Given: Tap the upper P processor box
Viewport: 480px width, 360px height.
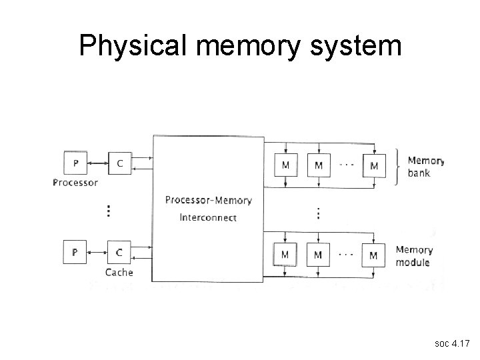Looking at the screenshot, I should click(75, 164).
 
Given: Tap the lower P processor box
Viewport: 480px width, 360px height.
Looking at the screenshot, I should click(75, 253).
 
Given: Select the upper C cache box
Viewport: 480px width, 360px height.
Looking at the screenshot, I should click(119, 164).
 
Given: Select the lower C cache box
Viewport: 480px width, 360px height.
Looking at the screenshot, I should click(119, 253).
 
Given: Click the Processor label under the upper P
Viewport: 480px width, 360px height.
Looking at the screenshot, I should click(75, 183).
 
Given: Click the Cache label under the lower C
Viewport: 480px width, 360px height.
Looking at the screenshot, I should click(119, 272).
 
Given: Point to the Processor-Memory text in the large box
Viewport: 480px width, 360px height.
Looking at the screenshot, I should click(208, 200).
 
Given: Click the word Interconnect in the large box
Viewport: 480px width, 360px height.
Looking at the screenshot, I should click(208, 217).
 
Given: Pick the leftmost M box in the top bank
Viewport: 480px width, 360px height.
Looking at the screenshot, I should click(285, 165).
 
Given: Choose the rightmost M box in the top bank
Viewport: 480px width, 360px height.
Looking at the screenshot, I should click(373, 165).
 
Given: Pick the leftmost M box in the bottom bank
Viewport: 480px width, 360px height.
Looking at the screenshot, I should click(285, 254).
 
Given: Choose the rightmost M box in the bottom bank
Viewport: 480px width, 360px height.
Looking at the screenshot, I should click(373, 254).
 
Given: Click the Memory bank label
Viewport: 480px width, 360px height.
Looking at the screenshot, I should click(425, 167).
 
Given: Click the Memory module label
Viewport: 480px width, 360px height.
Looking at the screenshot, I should click(414, 256).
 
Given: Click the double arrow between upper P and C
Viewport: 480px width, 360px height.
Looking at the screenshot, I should click(97, 163).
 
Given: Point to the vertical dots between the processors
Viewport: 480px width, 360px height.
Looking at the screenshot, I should click(109, 211).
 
